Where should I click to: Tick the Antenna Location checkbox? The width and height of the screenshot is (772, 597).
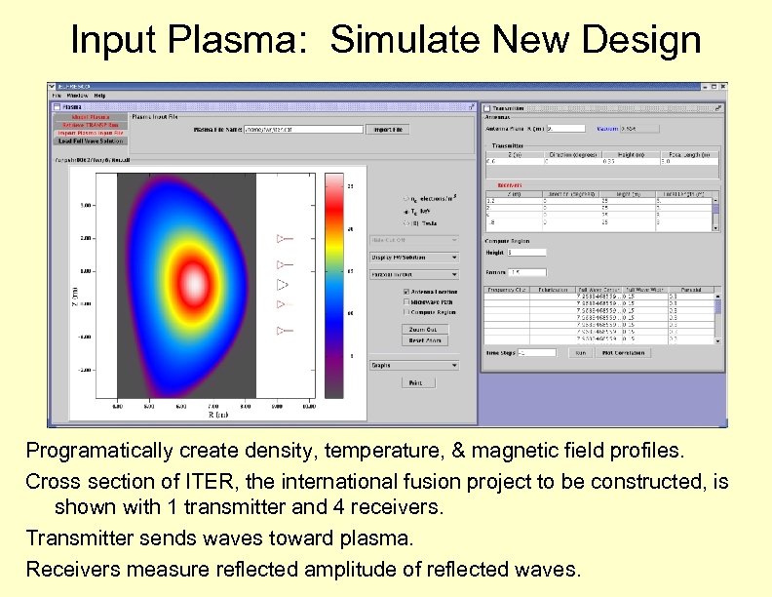[x=406, y=291]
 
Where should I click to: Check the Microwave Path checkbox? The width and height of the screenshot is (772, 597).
[x=406, y=301]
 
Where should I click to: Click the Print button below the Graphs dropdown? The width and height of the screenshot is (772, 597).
[x=416, y=382]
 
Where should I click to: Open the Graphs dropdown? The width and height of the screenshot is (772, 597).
[x=413, y=365]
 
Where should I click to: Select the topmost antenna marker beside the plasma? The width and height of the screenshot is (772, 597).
[x=284, y=238]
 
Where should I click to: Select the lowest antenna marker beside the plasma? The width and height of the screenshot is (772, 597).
[x=284, y=332]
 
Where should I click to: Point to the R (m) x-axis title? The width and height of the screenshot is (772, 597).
[x=191, y=415]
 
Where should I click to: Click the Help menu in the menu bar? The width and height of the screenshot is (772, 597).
[x=99, y=96]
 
